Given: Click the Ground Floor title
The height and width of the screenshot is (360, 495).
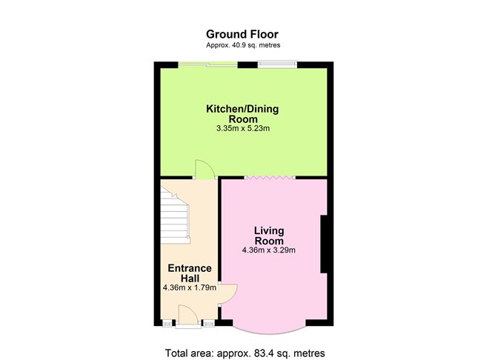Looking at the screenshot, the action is [242, 34].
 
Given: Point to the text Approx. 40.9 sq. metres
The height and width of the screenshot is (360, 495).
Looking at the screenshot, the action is [243, 45].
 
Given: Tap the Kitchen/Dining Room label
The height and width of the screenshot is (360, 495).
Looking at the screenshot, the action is [242, 114].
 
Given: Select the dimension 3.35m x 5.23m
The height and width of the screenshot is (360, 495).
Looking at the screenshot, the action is [243, 128].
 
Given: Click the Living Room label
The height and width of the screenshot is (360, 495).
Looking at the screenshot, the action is [269, 236].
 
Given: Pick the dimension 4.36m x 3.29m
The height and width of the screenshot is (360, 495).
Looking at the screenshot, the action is [269, 250].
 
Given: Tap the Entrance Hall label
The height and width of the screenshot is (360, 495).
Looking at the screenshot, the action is [190, 273].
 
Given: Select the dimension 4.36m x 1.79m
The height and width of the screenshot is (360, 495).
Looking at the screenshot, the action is [190, 287].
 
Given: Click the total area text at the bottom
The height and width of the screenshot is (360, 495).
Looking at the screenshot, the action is [245, 353].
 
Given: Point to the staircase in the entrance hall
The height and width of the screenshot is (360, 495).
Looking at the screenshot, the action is [175, 215].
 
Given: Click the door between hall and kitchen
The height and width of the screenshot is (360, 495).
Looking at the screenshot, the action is [205, 170].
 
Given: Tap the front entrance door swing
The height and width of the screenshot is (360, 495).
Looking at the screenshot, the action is [188, 315].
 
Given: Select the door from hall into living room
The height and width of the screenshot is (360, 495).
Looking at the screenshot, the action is [228, 294].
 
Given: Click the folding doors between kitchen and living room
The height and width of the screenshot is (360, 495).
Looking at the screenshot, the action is [270, 178].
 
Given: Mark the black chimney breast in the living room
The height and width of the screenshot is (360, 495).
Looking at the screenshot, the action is [324, 244].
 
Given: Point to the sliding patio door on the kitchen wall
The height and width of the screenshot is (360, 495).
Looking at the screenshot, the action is [207, 64].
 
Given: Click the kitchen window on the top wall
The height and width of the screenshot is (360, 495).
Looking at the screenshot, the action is [277, 64].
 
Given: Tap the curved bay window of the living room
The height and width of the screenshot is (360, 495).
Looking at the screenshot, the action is [269, 331].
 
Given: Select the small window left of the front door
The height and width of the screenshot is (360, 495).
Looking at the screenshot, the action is [167, 323].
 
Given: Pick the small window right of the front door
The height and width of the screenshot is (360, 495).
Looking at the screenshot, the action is [208, 323].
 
